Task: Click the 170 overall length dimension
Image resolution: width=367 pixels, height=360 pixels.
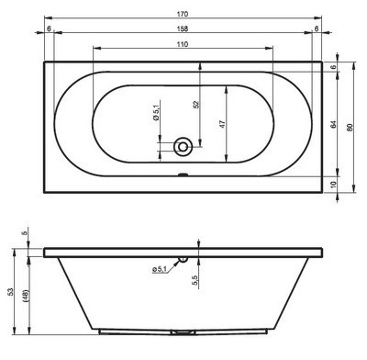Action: tap(183, 14)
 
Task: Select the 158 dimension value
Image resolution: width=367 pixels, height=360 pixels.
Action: tap(183, 28)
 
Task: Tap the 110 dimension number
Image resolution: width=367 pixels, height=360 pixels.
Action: tap(183, 44)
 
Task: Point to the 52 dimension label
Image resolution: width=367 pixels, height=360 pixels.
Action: tap(196, 105)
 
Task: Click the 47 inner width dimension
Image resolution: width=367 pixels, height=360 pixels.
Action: tap(223, 124)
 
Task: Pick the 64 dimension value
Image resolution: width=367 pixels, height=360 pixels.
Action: tap(333, 125)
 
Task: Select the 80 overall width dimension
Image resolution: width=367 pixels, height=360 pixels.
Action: tap(350, 127)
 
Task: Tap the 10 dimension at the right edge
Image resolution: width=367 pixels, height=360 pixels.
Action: tap(333, 185)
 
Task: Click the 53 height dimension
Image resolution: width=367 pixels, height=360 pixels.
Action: tap(11, 291)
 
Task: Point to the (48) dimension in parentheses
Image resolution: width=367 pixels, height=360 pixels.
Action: tap(26, 296)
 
